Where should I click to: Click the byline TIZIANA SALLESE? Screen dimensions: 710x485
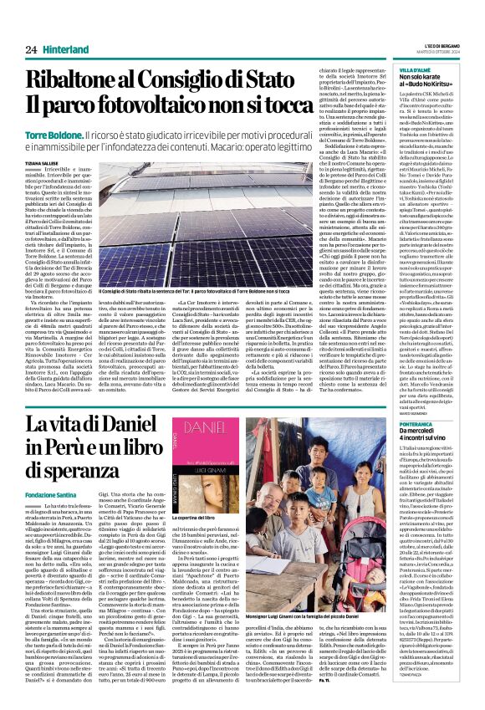coord(41,164)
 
